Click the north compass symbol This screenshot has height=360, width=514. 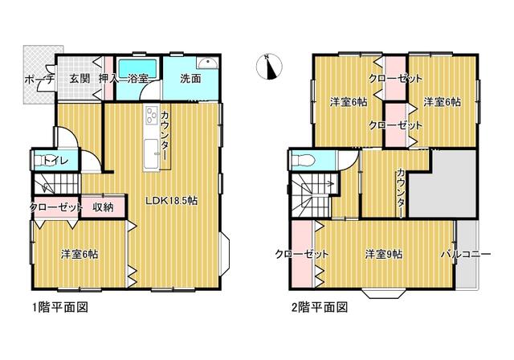click(268, 67)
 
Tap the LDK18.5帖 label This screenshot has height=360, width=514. click(171, 201)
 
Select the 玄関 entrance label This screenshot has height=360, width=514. click(80, 79)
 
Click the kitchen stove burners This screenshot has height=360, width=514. click(151, 115)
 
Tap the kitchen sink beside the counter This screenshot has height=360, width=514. click(152, 154)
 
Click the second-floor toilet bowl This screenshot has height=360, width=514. click(304, 161)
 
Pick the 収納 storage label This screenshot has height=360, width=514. click(103, 207)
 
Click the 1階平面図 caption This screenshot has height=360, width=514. click(60, 307)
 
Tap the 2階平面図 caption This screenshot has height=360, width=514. click(320, 307)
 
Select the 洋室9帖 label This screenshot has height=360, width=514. click(384, 254)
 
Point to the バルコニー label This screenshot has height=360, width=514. click(466, 254)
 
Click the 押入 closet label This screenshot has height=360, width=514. click(108, 79)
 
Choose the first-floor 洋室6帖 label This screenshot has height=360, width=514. click(80, 254)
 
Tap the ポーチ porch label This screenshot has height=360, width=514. click(39, 80)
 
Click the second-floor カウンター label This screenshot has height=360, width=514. click(401, 193)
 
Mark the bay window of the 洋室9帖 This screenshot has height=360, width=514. click(384, 293)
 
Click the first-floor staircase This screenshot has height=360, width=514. click(56, 184)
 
